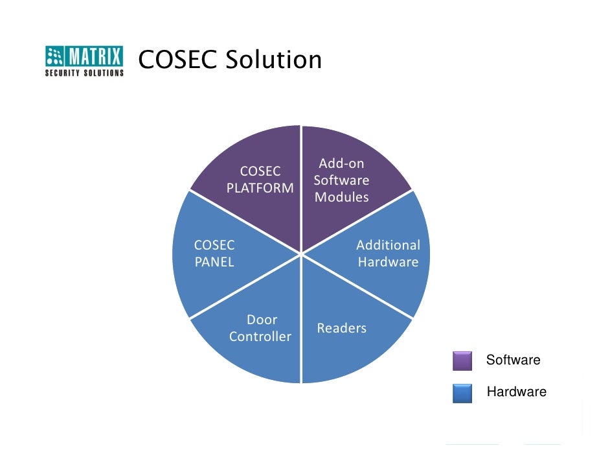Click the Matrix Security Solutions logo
pyautogui.click(x=84, y=61)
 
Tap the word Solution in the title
pyautogui.click(x=274, y=60)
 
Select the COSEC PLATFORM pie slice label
pyautogui.click(x=260, y=180)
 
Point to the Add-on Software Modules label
pyautogui.click(x=342, y=180)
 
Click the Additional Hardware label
pyautogui.click(x=388, y=254)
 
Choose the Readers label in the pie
pyautogui.click(x=342, y=328)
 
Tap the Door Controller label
pyautogui.click(x=260, y=328)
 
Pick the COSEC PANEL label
pyautogui.click(x=214, y=254)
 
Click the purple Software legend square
pyautogui.click(x=462, y=361)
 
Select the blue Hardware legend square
pyautogui.click(x=462, y=393)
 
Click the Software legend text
pyautogui.click(x=513, y=360)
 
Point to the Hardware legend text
pyautogui.click(x=516, y=392)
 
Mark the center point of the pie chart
pyautogui.click(x=301, y=254)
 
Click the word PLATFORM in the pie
pyautogui.click(x=260, y=188)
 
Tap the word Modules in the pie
pyautogui.click(x=342, y=197)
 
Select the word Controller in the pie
pyautogui.click(x=260, y=336)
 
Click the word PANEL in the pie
pyautogui.click(x=214, y=262)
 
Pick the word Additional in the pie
pyautogui.click(x=388, y=245)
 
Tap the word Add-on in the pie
pyautogui.click(x=342, y=163)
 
